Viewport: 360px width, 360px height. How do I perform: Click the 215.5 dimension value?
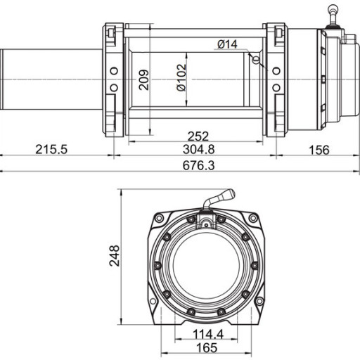coord(51,150)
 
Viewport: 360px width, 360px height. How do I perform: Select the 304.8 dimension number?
coord(198,149)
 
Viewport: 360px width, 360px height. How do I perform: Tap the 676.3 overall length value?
coord(198,165)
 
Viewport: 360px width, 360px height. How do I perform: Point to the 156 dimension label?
coord(319,150)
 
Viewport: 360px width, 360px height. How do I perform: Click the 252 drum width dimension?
coord(198,136)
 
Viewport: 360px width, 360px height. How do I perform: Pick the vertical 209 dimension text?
coord(143,79)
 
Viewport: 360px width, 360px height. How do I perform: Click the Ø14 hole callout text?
coord(227,44)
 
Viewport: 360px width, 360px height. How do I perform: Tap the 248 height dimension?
coord(115,256)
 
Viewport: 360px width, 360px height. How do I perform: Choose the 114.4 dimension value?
coord(208,334)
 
